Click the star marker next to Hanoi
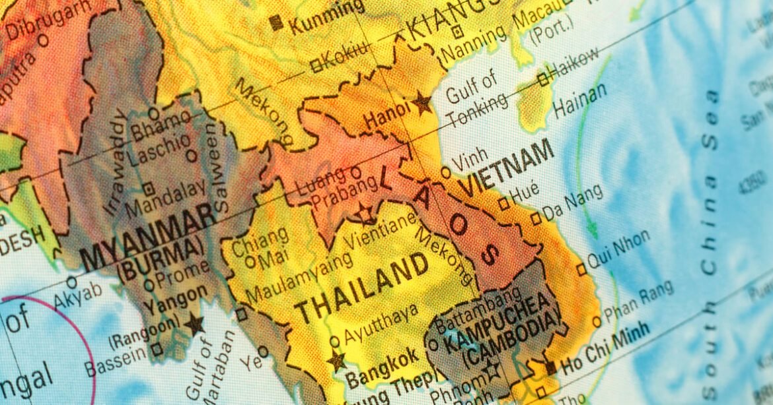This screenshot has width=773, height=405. [x=422, y=103]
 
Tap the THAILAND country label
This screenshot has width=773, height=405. [x=361, y=288]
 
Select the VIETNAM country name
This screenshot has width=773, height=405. [x=507, y=168]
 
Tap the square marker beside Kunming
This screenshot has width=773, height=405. [x=276, y=23]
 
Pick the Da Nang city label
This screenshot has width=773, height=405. [x=573, y=202]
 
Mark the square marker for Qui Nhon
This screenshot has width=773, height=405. [x=581, y=269]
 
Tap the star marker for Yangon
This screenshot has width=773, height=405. [x=194, y=324]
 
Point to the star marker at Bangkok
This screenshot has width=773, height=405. [x=336, y=361]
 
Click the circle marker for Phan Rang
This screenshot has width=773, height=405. [x=597, y=321]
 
